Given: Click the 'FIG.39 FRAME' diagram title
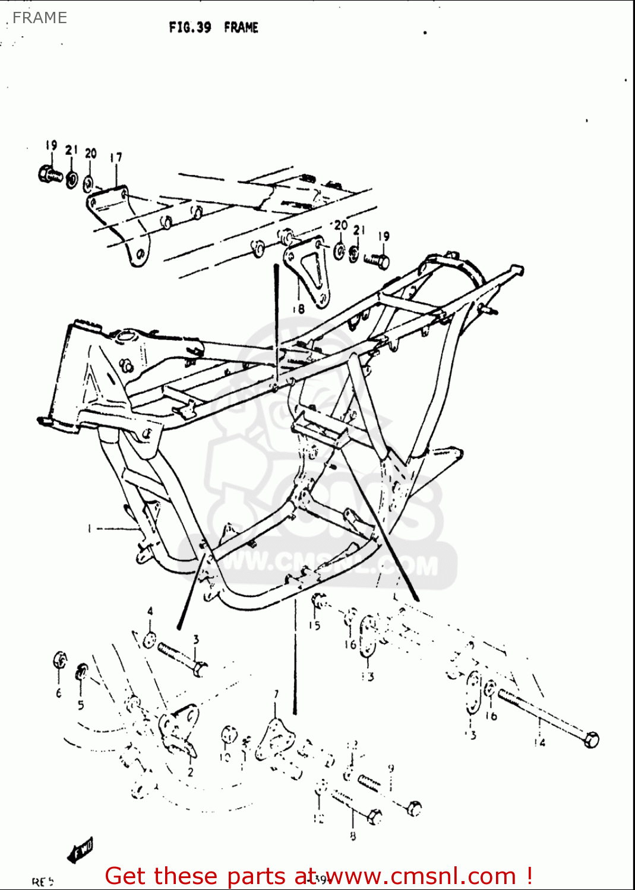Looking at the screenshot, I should coord(214,27).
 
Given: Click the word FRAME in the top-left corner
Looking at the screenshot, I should coord(39,18).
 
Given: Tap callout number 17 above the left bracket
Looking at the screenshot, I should coord(116,158).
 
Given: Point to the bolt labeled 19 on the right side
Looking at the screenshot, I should coord(377,259).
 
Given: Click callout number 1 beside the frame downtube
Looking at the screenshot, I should coord(90,528).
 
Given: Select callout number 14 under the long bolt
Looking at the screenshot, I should coord(539,742).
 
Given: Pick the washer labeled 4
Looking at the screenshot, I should coord(150,640).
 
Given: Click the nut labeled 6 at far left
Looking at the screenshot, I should coord(60,660).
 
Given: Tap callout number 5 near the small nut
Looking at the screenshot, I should coord(81,705).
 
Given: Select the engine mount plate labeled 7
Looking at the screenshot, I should coord(275,736).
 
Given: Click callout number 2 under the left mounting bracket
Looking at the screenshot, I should coord(190,772).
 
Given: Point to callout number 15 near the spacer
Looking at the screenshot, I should coord(314,625).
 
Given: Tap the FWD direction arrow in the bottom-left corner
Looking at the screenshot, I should coord(80,851).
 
